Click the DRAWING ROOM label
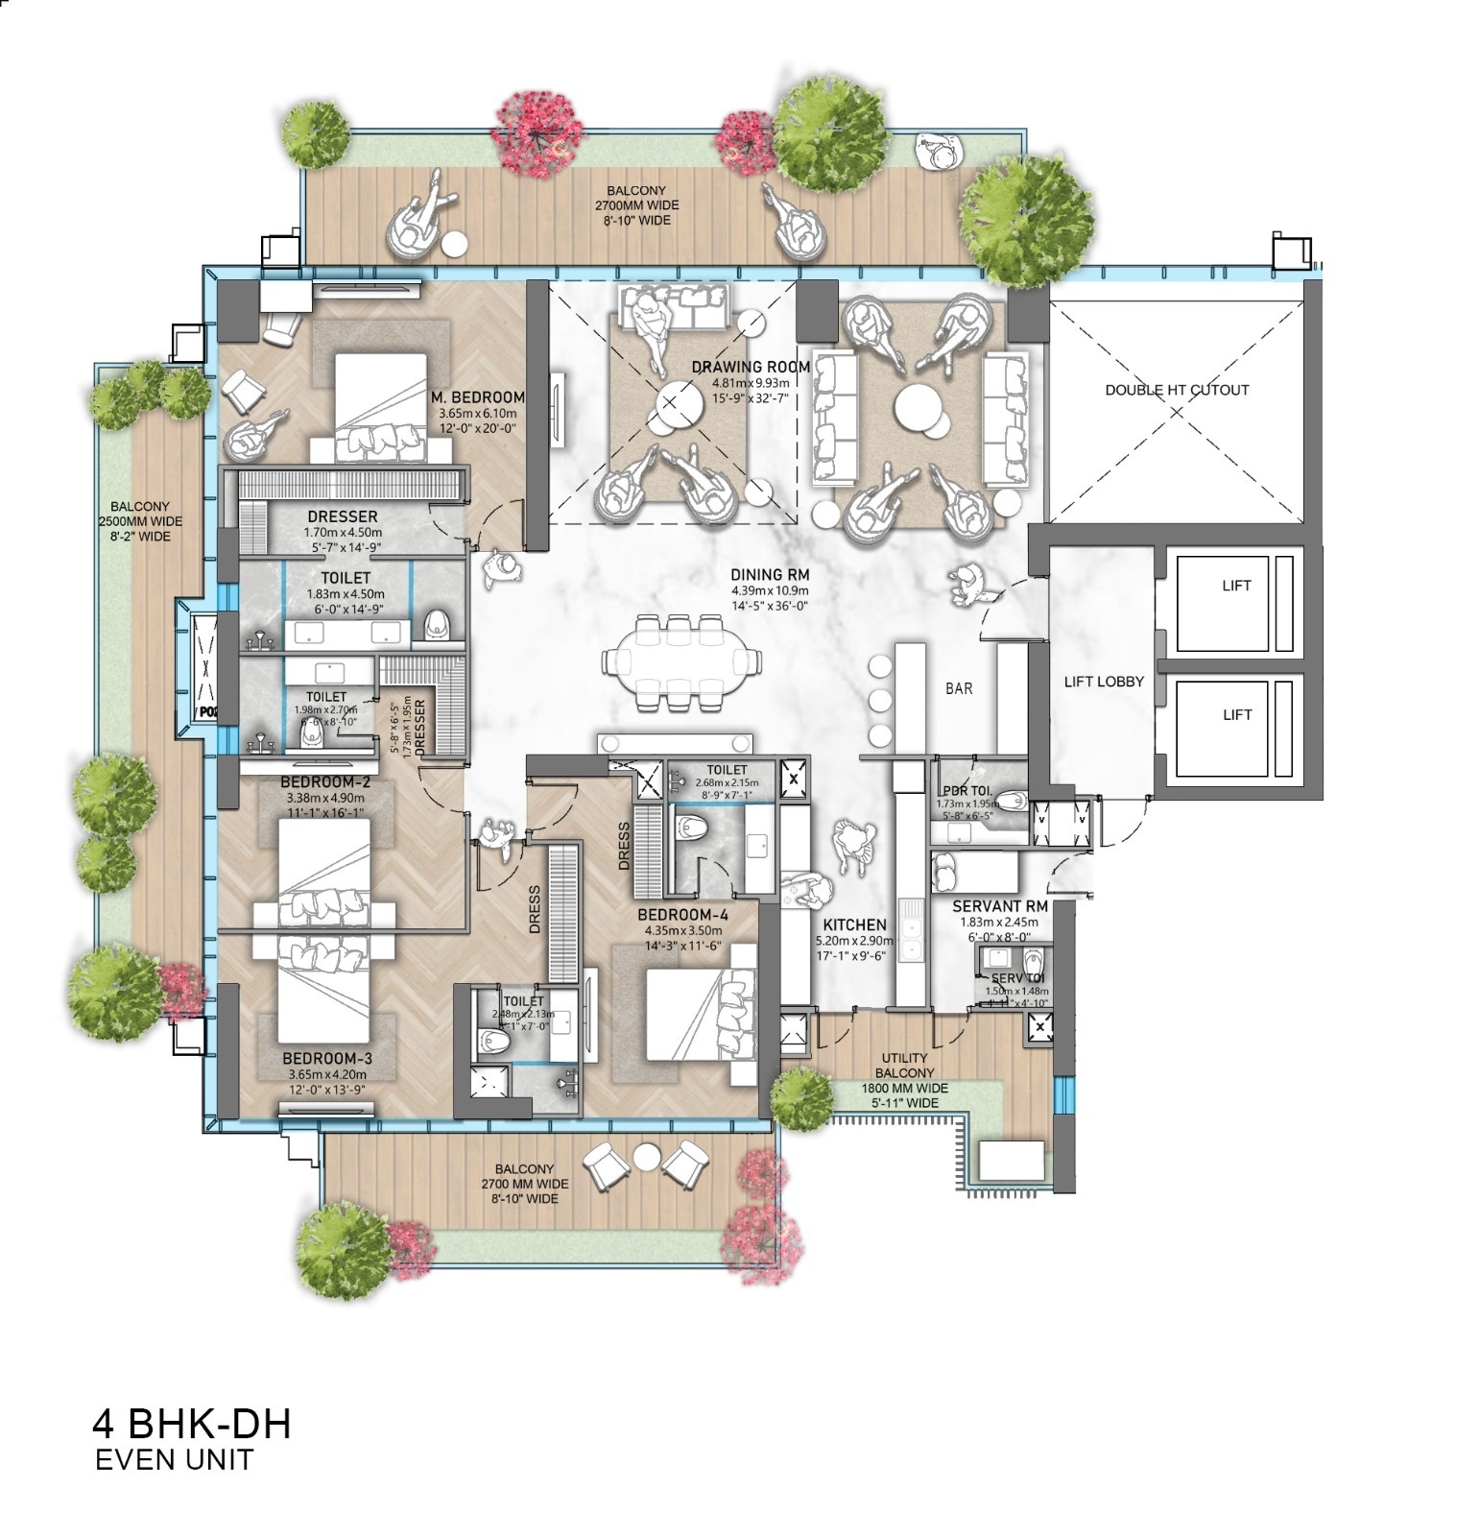tap(751, 367)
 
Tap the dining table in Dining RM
tap(682, 662)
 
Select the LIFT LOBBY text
tap(1104, 682)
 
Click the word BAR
tap(959, 688)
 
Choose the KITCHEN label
tap(854, 925)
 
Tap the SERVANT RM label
tap(999, 906)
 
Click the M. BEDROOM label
tap(477, 397)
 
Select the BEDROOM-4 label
tap(682, 915)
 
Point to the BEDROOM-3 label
tap(326, 1058)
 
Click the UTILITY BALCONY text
tap(905, 1066)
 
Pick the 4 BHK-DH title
tap(191, 1424)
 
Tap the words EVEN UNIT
tap(174, 1460)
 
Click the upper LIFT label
tap(1236, 586)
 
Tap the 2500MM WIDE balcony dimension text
tap(140, 521)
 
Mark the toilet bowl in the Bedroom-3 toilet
tap(494, 1041)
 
